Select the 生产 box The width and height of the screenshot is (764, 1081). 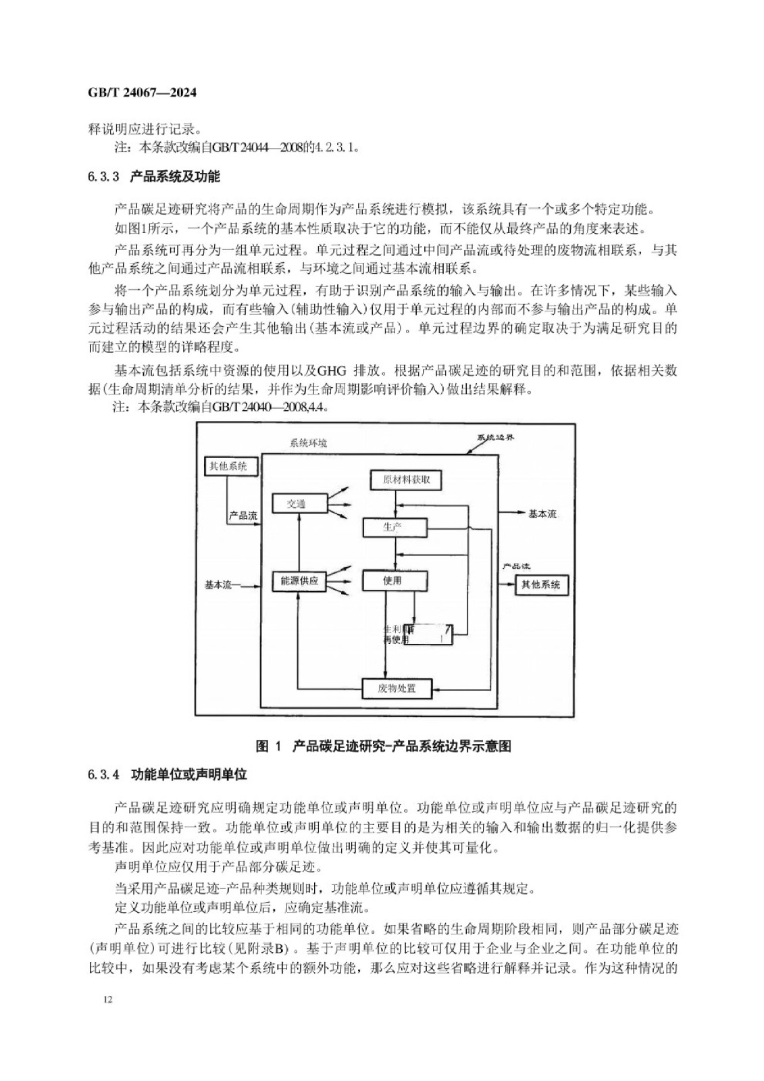[x=394, y=527]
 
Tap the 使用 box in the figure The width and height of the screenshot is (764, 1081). [x=394, y=580]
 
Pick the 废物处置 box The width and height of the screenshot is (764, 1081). [x=397, y=688]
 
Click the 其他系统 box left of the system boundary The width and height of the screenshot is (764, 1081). [x=230, y=466]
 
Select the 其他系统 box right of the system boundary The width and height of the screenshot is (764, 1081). [x=541, y=584]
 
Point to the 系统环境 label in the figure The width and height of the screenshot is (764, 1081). [x=308, y=444]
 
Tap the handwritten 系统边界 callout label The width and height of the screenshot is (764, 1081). [x=496, y=437]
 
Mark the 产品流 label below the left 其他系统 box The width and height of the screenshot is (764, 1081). [x=243, y=516]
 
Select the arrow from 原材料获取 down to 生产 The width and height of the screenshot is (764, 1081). [x=394, y=503]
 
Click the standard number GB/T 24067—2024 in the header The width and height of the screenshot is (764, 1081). [x=143, y=93]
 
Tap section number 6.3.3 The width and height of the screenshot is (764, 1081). [x=103, y=177]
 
